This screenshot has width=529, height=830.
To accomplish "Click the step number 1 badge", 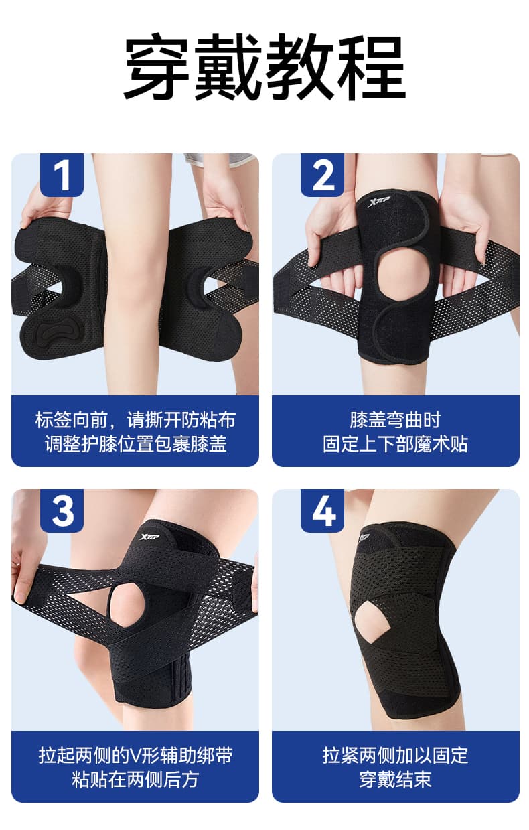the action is click(62, 176).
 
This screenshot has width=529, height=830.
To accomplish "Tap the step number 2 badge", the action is click(322, 176).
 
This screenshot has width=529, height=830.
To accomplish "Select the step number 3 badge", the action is click(62, 510).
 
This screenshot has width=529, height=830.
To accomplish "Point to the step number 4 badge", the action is click(322, 510).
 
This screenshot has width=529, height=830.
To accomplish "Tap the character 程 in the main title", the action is click(372, 68).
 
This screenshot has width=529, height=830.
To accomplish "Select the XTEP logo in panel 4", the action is click(364, 538).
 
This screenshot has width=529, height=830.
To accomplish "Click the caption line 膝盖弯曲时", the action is click(395, 420).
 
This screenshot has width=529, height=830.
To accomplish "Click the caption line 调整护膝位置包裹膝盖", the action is click(135, 444).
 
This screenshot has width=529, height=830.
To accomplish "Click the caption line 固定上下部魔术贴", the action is click(395, 444).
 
